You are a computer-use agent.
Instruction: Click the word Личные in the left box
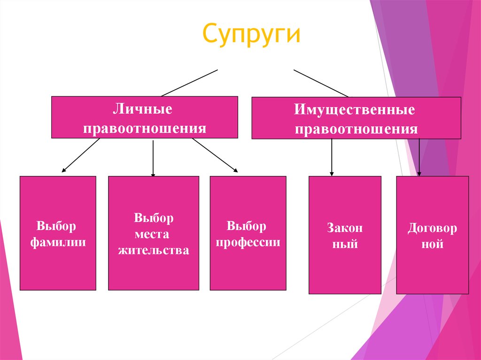[x=142, y=110]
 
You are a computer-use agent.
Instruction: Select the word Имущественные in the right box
[x=355, y=110]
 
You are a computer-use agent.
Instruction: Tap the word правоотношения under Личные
[x=145, y=128]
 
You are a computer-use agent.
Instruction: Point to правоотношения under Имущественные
[x=356, y=129]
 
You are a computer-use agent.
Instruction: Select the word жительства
[x=154, y=250]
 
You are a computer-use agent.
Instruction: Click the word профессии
[x=247, y=243]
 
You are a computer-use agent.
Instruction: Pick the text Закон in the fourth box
[x=345, y=229]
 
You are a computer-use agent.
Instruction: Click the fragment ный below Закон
[x=345, y=245]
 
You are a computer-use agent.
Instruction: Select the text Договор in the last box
[x=432, y=229]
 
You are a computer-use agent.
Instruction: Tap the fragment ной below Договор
[x=433, y=245]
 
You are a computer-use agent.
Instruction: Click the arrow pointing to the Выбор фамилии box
[x=81, y=155]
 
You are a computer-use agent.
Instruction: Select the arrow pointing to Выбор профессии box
[x=215, y=155]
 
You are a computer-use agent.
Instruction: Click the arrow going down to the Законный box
[x=332, y=157]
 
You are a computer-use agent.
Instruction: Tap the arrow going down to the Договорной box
[x=419, y=157]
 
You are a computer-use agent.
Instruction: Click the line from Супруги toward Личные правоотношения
[x=190, y=83]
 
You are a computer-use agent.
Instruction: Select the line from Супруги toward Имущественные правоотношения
[x=321, y=83]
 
